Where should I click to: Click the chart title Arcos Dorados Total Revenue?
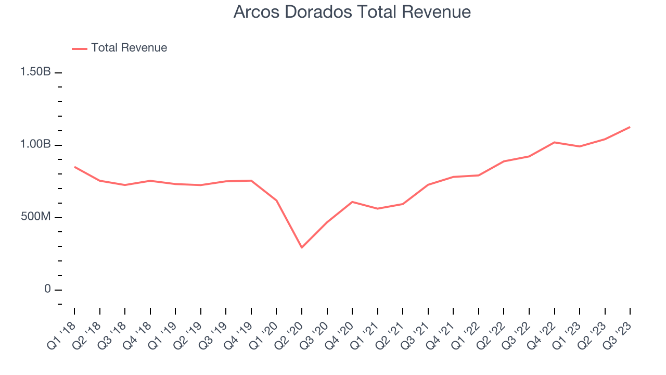[x=352, y=11]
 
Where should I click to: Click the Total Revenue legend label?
[x=129, y=48]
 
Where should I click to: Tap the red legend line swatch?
[x=80, y=48]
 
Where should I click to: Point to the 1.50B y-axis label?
[x=36, y=72]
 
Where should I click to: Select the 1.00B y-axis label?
[x=36, y=144]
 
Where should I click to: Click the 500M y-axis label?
[x=36, y=217]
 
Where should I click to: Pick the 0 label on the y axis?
[x=47, y=289]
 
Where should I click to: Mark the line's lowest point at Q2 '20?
[x=302, y=247]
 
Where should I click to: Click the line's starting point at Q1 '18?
[x=74, y=167]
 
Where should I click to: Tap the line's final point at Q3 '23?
[x=630, y=127]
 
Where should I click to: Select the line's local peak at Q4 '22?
[x=554, y=142]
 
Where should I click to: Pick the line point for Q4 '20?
[x=352, y=202]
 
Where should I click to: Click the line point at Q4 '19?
[x=251, y=181]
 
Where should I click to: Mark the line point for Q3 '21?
[x=428, y=185]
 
